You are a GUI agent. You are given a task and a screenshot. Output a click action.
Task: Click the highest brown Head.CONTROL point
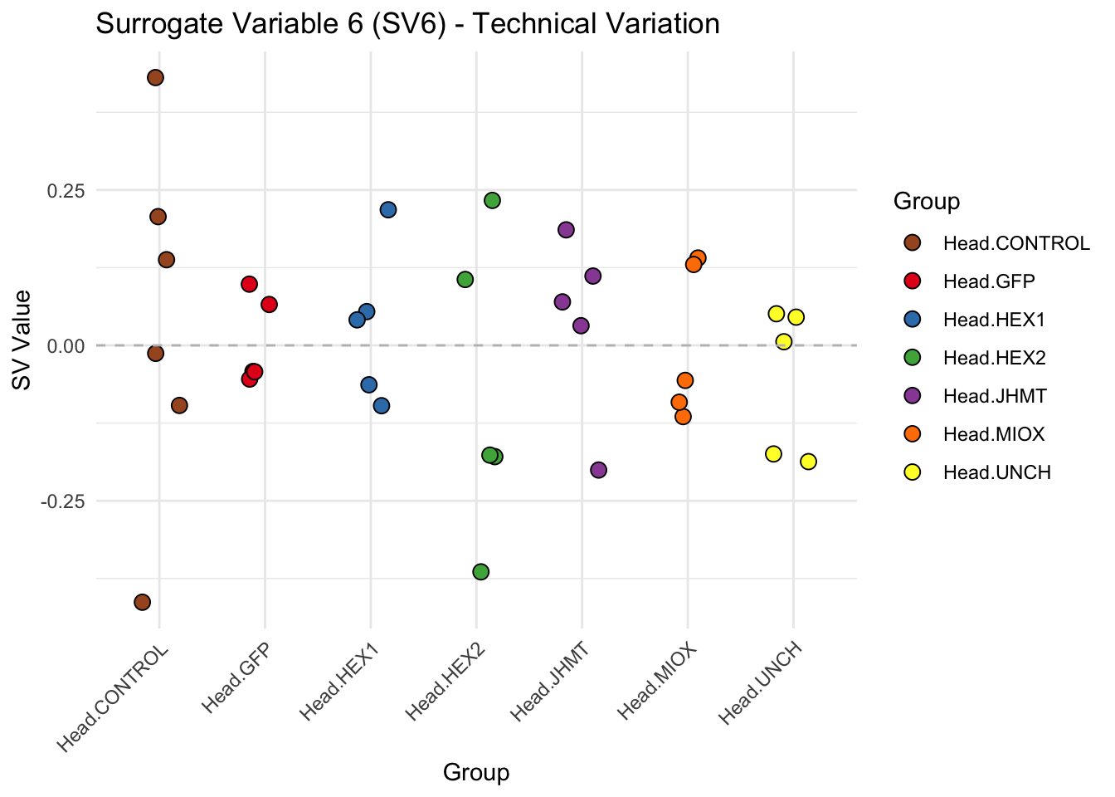[x=155, y=78]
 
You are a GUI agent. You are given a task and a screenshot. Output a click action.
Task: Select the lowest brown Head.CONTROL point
[x=143, y=602]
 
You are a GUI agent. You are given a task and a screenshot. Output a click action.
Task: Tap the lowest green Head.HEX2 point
[x=480, y=572]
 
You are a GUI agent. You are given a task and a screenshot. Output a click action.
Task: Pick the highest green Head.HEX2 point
[x=492, y=200]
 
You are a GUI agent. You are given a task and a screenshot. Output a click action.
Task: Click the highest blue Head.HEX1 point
[x=388, y=210]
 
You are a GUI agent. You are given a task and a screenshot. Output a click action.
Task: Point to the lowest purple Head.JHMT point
[x=598, y=470]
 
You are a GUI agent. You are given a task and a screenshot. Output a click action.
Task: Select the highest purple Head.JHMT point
[x=566, y=230]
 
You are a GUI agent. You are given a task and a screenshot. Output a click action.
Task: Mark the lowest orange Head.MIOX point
[x=683, y=416]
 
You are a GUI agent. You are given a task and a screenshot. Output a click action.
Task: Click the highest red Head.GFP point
[x=249, y=284]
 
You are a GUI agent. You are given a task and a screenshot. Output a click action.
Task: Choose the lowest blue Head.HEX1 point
[x=382, y=406]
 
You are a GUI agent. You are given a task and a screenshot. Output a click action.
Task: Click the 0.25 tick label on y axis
[x=66, y=190]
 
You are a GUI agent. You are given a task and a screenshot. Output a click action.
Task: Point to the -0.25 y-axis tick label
[x=63, y=501]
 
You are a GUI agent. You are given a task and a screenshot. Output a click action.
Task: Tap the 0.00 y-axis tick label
[x=66, y=345]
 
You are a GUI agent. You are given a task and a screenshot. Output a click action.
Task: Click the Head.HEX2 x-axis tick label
[x=446, y=681]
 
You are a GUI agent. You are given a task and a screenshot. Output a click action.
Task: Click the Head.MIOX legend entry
[x=993, y=434]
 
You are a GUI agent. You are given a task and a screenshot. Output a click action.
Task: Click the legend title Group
[x=926, y=201]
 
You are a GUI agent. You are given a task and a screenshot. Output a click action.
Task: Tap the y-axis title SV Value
[x=22, y=340]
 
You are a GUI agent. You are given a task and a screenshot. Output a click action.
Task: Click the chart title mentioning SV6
[x=407, y=24]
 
